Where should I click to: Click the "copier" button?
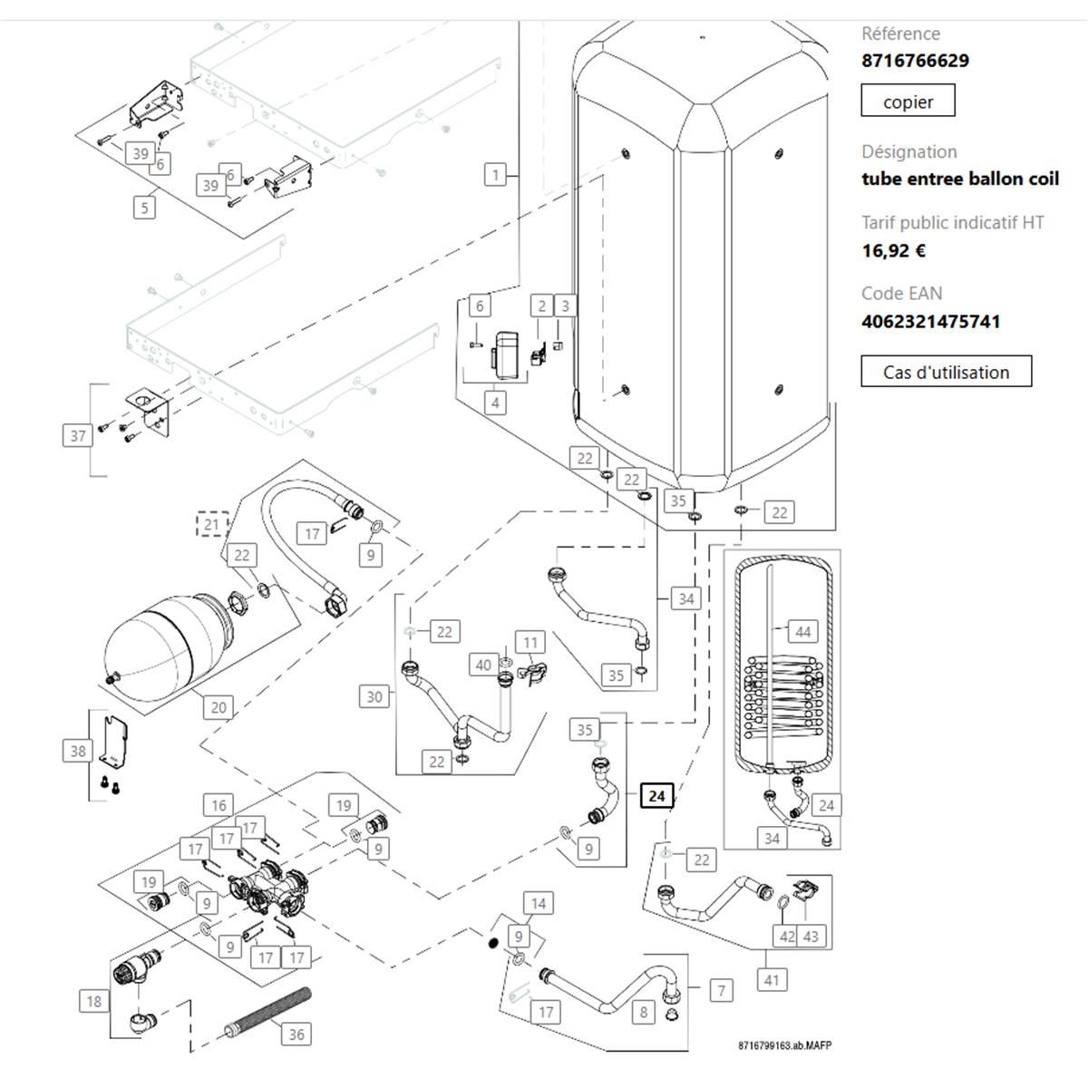point(908,101)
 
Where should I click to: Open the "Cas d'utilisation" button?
point(946,371)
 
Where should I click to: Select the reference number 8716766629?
point(915,61)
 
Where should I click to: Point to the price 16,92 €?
point(894,250)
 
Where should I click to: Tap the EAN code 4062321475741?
point(931,321)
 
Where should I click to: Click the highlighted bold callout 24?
point(656,796)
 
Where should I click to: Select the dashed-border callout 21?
point(212,525)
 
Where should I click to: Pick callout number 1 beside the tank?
point(496,174)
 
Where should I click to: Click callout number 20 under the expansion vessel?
point(219,707)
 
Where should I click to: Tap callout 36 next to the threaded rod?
point(296,1035)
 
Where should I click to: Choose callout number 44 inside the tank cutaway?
point(803,632)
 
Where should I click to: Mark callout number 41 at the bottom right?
point(772,979)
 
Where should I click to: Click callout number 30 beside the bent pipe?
point(374,696)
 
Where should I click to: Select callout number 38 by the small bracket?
point(78,751)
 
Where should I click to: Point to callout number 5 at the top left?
point(144,208)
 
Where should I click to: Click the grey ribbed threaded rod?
point(267,1014)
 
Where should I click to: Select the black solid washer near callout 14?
point(491,942)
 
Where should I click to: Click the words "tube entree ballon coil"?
point(960,179)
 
